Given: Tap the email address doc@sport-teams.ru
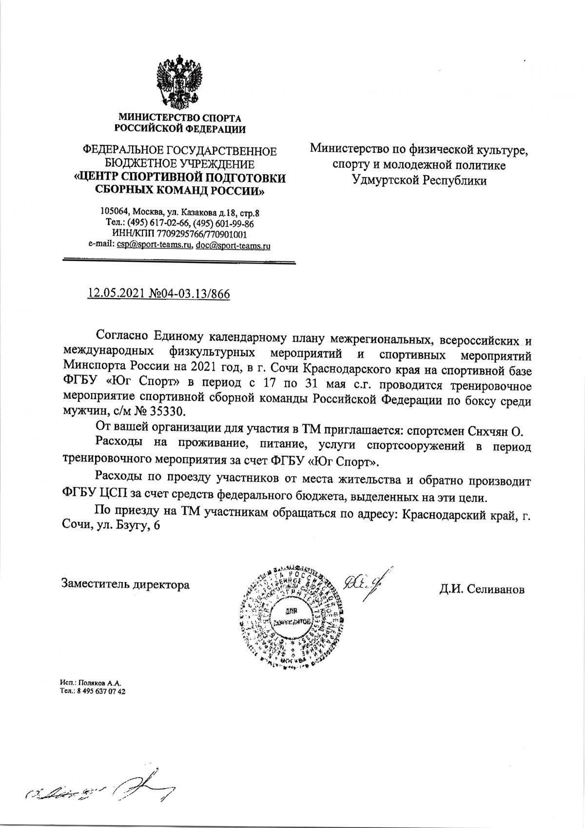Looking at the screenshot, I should tap(233, 246).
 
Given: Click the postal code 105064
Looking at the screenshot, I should tap(114, 212).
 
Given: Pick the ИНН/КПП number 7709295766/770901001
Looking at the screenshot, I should tap(196, 235).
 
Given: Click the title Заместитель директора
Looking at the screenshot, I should tap(125, 584).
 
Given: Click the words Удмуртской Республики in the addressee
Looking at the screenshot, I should tap(419, 181).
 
